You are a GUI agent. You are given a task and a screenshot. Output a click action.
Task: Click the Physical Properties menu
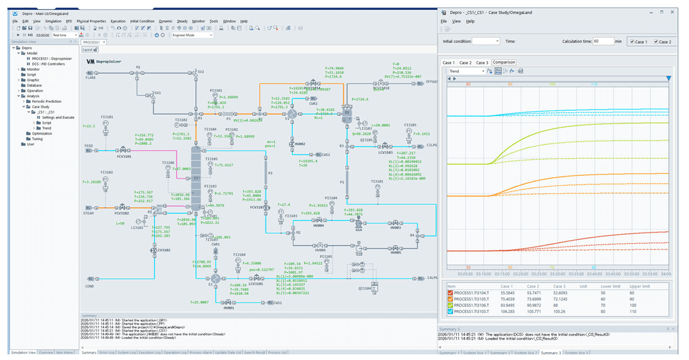[x=91, y=21]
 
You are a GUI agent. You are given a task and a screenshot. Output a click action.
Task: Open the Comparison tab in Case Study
[x=503, y=62]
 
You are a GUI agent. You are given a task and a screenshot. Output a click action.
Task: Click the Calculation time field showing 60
[x=603, y=41]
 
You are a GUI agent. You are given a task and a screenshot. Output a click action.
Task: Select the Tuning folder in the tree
[x=37, y=139]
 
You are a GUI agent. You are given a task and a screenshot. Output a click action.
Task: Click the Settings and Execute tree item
[x=58, y=117]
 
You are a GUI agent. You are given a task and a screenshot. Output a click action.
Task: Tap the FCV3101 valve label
[x=123, y=157]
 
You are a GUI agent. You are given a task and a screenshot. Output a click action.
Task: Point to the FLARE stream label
[x=90, y=77]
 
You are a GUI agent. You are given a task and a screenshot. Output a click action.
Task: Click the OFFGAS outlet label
[x=432, y=82]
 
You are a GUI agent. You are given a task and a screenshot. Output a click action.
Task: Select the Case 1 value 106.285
[x=507, y=311]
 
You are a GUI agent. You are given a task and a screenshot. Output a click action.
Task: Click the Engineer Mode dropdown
[x=192, y=35]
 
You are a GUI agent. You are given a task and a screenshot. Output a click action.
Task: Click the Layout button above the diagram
[x=89, y=50]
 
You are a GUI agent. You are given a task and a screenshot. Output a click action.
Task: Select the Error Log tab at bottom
[x=106, y=352]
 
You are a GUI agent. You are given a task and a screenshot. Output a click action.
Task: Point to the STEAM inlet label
[x=89, y=213]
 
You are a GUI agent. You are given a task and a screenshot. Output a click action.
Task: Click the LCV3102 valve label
[x=164, y=250]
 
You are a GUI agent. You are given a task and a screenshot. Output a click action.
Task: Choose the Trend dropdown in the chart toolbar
[x=466, y=71]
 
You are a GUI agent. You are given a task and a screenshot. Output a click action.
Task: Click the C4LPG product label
[x=432, y=278]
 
